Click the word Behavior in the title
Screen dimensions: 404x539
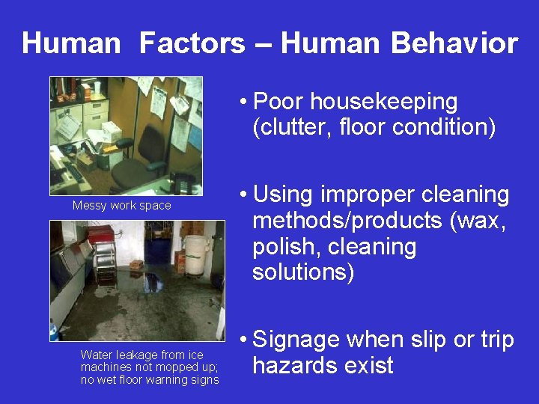[454, 43]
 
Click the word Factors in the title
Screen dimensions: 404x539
[192, 43]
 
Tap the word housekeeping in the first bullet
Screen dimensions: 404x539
[384, 102]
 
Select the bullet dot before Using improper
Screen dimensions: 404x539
[244, 196]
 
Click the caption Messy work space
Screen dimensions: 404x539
[121, 206]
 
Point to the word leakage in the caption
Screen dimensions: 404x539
[132, 355]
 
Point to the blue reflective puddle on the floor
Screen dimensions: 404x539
[153, 281]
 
